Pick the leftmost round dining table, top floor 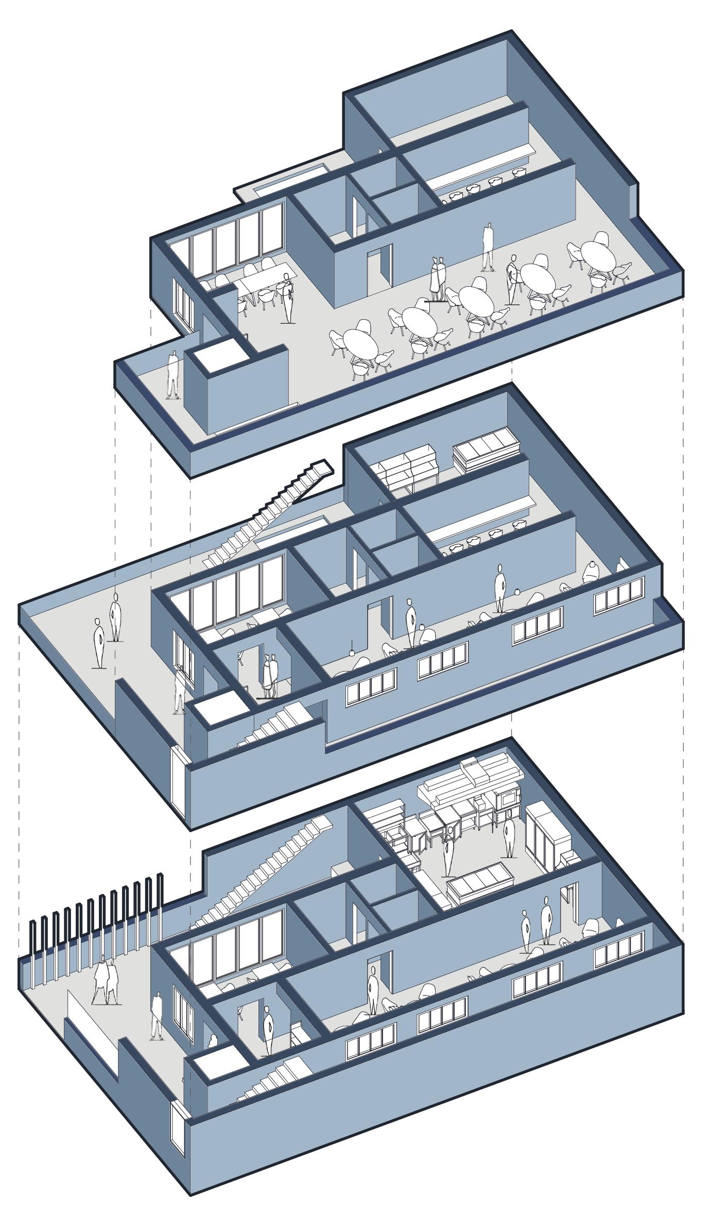click(360, 342)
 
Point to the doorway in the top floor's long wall click(380, 268)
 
